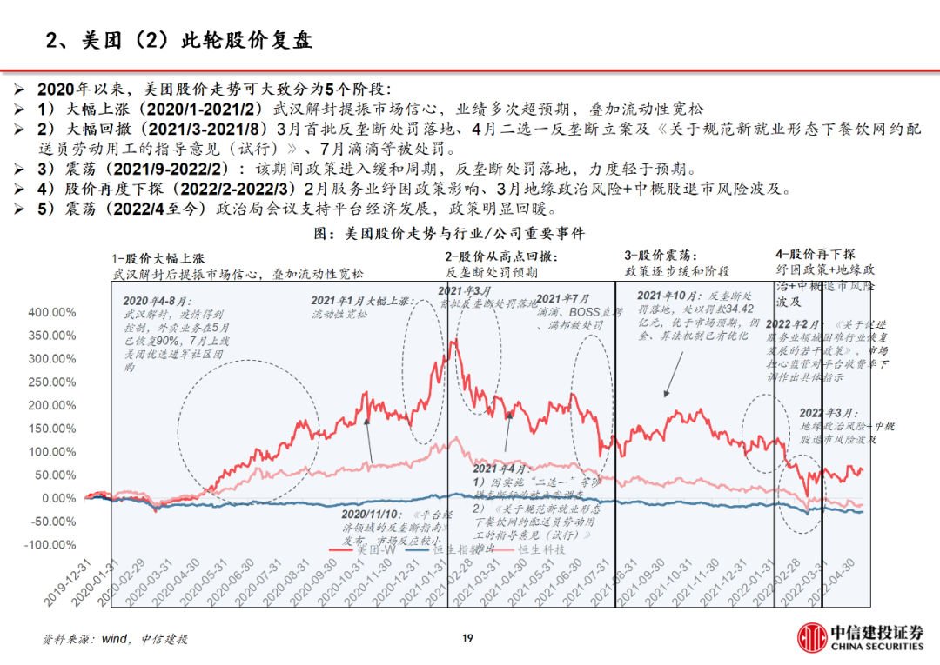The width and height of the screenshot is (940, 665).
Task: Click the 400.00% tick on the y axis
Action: (52, 312)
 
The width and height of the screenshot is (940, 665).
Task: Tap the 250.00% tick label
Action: (52, 382)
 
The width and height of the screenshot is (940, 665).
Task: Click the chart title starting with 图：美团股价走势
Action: (448, 233)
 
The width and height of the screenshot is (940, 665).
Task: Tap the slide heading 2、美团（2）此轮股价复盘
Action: (179, 40)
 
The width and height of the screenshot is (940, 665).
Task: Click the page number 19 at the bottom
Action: (467, 639)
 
